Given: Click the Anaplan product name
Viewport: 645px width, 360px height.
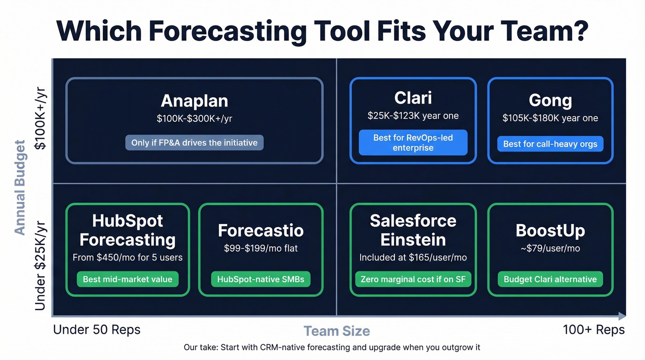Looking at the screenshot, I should pyautogui.click(x=194, y=100).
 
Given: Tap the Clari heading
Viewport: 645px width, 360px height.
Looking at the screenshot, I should pyautogui.click(x=413, y=98).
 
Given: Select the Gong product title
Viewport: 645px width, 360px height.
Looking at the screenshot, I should pyautogui.click(x=550, y=100).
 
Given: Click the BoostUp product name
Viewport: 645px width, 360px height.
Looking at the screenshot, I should pyautogui.click(x=550, y=230).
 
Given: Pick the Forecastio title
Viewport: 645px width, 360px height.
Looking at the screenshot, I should pyautogui.click(x=261, y=230).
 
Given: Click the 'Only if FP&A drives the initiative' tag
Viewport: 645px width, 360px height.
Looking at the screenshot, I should pyautogui.click(x=194, y=142).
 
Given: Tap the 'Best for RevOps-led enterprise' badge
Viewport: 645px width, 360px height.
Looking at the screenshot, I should pyautogui.click(x=413, y=142).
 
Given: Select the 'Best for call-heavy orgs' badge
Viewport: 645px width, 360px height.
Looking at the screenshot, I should pyautogui.click(x=550, y=144).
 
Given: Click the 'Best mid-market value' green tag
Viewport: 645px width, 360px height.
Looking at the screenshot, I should pyautogui.click(x=128, y=279).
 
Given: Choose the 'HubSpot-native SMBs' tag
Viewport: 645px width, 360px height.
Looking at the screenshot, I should pyautogui.click(x=261, y=279).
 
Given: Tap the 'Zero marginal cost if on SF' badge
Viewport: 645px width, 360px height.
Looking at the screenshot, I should pyautogui.click(x=413, y=279).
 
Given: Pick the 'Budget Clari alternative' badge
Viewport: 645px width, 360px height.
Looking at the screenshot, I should pyautogui.click(x=550, y=279).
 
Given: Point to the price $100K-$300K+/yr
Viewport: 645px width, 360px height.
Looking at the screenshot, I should pyautogui.click(x=194, y=118).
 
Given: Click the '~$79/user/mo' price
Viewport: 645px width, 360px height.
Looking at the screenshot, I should pyautogui.click(x=550, y=248).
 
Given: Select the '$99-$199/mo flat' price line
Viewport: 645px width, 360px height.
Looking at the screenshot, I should pyautogui.click(x=261, y=248).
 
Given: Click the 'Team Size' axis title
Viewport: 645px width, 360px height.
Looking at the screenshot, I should pyautogui.click(x=337, y=331).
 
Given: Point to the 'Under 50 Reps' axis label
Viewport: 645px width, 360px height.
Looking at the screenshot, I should pyautogui.click(x=97, y=330).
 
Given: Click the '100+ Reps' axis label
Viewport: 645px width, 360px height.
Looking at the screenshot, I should pyautogui.click(x=593, y=330).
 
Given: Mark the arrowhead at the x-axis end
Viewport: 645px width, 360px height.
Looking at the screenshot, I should pyautogui.click(x=622, y=316).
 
